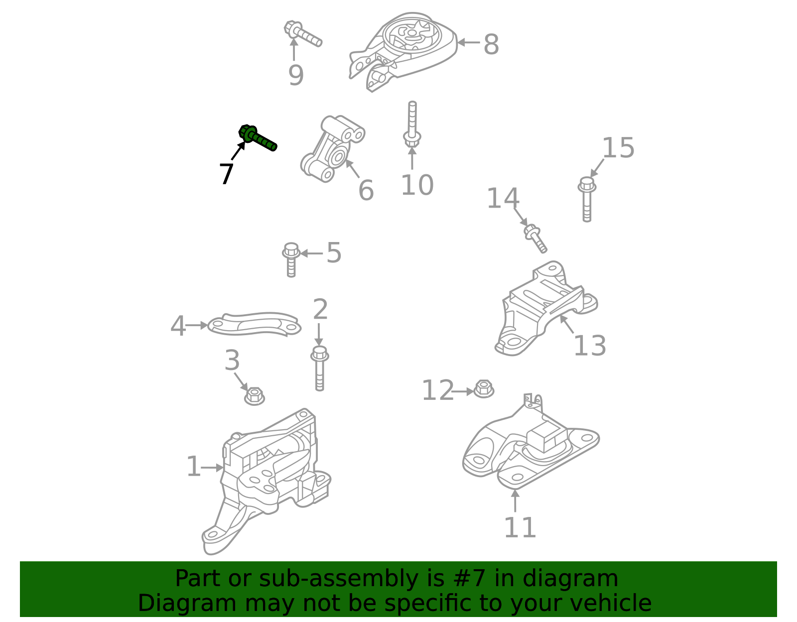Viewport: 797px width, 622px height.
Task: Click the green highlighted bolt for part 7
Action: click(x=258, y=138)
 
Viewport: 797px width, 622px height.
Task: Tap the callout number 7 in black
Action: click(x=226, y=174)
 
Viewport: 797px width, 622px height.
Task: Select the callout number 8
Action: click(x=491, y=44)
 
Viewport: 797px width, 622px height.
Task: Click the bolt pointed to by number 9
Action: click(x=303, y=34)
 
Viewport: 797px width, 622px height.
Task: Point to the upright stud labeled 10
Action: click(x=412, y=124)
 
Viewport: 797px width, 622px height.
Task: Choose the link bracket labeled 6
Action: click(x=332, y=148)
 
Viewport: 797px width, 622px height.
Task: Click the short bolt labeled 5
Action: click(x=291, y=259)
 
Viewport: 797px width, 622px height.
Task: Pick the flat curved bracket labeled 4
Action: click(x=255, y=324)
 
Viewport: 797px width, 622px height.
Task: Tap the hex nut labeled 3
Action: click(x=255, y=396)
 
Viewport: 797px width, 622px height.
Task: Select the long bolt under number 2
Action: click(x=319, y=369)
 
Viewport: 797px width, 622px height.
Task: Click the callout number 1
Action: click(x=193, y=467)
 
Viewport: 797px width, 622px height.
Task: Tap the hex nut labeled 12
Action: click(x=484, y=389)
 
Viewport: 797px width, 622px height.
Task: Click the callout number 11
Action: click(x=520, y=527)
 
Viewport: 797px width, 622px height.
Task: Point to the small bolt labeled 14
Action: click(x=535, y=239)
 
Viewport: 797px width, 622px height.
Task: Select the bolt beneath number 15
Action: click(x=587, y=199)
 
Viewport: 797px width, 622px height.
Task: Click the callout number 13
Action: click(x=589, y=346)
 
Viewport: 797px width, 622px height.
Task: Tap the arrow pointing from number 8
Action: click(x=468, y=42)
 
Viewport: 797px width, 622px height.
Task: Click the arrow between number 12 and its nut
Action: click(x=463, y=391)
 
